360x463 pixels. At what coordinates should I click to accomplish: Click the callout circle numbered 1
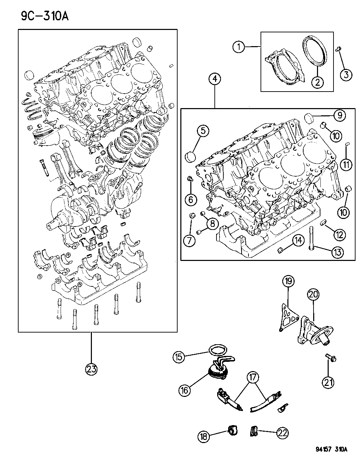click(x=238, y=47)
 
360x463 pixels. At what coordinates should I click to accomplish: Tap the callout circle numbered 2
click(x=317, y=82)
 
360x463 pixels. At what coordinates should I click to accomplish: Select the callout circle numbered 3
click(x=346, y=74)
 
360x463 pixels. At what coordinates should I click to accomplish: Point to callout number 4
click(x=214, y=80)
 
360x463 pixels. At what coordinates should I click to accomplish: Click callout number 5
click(x=203, y=131)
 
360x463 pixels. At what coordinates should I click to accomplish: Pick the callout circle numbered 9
click(x=339, y=116)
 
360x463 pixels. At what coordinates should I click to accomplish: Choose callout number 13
click(x=337, y=252)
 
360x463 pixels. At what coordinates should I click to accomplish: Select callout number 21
click(x=328, y=382)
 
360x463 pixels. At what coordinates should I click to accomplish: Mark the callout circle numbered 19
click(x=288, y=281)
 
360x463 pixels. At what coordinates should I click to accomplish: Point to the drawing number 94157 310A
click(x=331, y=449)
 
